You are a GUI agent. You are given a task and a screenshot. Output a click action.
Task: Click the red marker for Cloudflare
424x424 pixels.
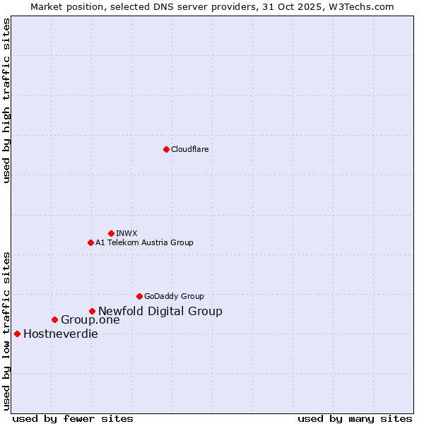point(166,149)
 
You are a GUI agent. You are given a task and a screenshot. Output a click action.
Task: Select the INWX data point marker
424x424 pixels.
point(111,233)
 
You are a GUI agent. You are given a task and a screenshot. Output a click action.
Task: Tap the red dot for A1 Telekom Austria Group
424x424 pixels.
point(90,242)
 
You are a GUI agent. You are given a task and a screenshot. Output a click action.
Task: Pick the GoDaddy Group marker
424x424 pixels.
point(139,296)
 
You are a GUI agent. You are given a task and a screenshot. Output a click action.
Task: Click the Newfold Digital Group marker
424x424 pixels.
point(92,311)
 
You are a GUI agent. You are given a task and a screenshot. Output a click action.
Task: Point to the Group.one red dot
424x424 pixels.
point(54,319)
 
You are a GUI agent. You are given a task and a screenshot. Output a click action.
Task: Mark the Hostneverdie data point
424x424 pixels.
point(17,334)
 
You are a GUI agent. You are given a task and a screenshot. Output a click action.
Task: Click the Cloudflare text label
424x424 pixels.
point(189,149)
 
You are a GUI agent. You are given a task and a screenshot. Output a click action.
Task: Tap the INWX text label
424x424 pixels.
point(126,233)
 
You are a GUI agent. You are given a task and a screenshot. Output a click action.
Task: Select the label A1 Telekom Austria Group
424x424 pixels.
point(144,242)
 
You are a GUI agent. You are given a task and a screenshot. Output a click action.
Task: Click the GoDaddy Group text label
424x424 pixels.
point(174,296)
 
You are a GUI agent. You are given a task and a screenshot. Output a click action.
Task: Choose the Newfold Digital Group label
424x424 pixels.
point(160,311)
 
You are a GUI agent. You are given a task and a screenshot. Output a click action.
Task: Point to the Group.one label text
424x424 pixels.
point(90,320)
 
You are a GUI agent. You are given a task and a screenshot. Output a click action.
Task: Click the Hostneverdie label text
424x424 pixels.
point(61,334)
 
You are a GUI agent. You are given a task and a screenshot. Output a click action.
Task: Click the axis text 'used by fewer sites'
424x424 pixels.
point(73,418)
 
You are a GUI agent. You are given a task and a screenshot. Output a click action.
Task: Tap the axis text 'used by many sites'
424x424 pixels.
point(355,418)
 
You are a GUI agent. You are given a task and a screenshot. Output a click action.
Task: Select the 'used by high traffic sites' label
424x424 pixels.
point(7,100)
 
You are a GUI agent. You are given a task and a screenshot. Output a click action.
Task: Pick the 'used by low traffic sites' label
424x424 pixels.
point(7,331)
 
